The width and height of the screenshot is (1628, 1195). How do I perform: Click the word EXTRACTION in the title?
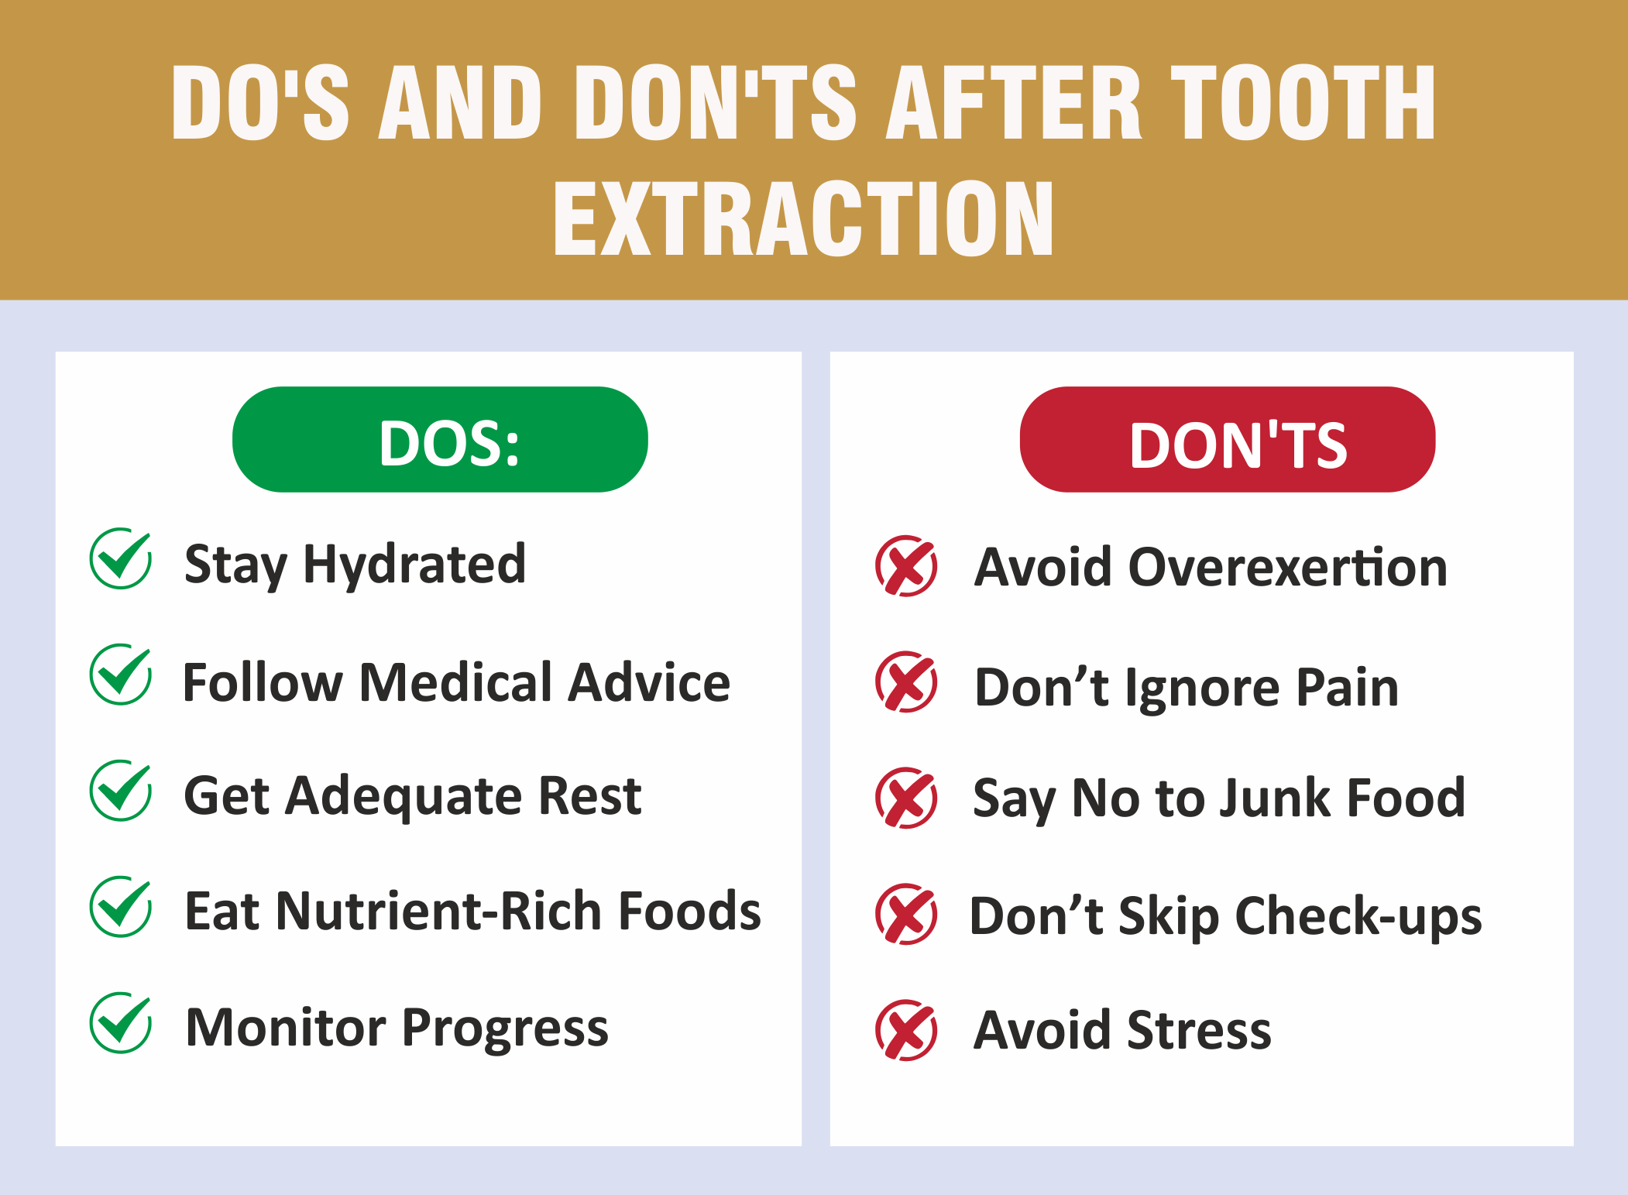(x=803, y=218)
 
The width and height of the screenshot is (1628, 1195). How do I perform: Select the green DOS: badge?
(x=440, y=439)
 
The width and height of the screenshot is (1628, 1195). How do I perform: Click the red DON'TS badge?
(x=1228, y=439)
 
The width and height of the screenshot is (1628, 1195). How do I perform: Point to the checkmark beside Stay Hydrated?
(x=121, y=558)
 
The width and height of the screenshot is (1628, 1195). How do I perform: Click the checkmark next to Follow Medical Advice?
(x=121, y=675)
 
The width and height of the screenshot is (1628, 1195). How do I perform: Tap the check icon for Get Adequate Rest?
(x=121, y=791)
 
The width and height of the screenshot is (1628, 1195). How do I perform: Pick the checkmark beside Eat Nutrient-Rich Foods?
(x=121, y=907)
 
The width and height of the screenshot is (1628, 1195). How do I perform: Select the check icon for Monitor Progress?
(x=121, y=1023)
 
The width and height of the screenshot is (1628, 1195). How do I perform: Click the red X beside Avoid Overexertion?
(x=906, y=565)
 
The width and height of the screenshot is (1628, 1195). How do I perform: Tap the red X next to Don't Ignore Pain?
(x=906, y=682)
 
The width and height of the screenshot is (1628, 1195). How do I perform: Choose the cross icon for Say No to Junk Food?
(x=906, y=798)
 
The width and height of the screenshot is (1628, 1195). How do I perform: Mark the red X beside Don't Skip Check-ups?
(x=906, y=914)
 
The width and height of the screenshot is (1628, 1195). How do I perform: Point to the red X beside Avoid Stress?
(x=906, y=1030)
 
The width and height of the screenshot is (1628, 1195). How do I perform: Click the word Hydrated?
(x=414, y=565)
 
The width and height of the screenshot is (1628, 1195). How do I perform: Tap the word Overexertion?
(x=1288, y=567)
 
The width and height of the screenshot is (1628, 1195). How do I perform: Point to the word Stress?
(x=1200, y=1031)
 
